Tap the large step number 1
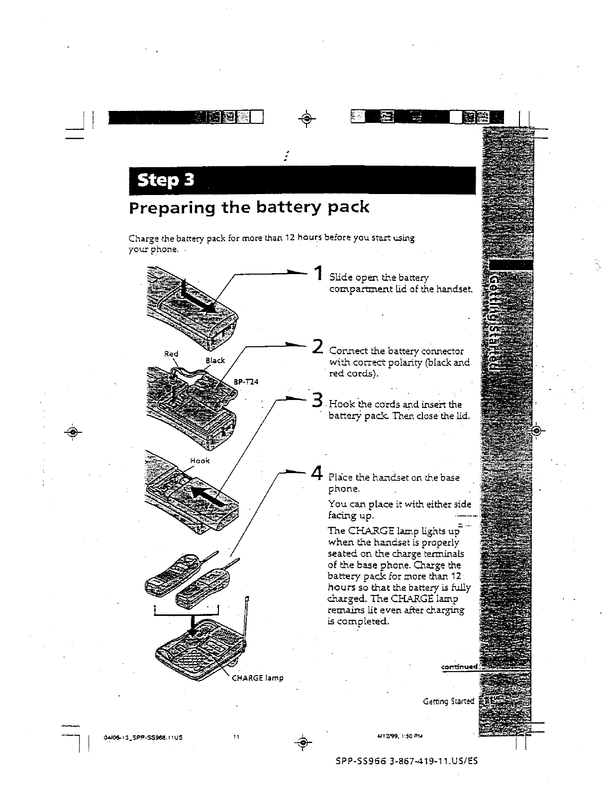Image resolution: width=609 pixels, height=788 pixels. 317,275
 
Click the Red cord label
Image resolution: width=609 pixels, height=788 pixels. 171,354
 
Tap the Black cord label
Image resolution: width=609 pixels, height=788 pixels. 215,360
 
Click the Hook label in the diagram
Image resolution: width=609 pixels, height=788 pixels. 200,461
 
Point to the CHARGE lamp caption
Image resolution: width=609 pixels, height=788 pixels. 257,677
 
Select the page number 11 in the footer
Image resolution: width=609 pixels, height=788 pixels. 236,737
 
